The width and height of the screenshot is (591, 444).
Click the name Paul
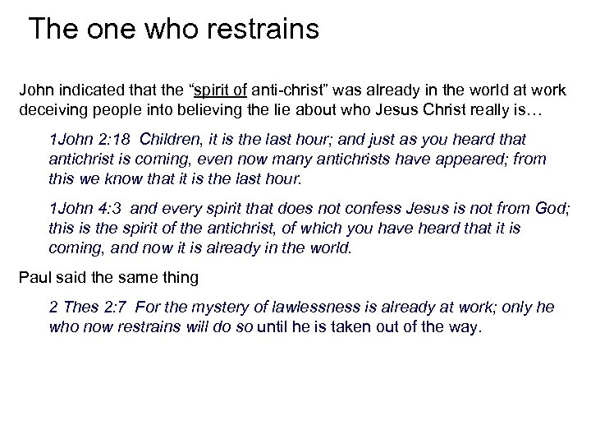(34, 277)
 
